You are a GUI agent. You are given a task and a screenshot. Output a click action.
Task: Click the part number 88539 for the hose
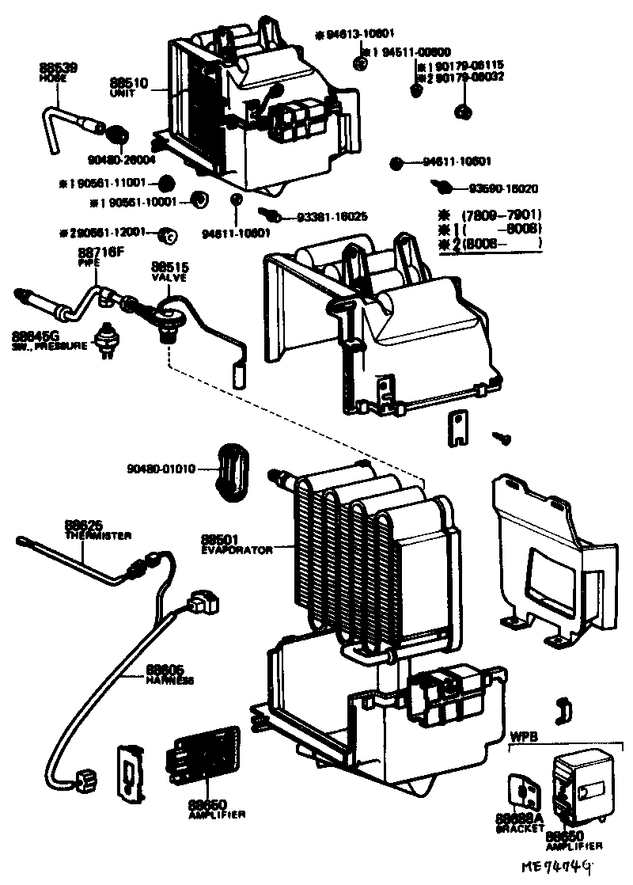click(58, 69)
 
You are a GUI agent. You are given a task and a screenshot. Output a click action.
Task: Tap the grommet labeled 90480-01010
click(232, 471)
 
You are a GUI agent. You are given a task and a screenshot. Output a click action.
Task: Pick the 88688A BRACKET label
click(520, 822)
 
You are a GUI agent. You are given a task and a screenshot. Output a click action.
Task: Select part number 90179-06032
click(471, 78)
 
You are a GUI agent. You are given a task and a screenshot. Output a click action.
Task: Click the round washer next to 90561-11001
click(165, 182)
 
